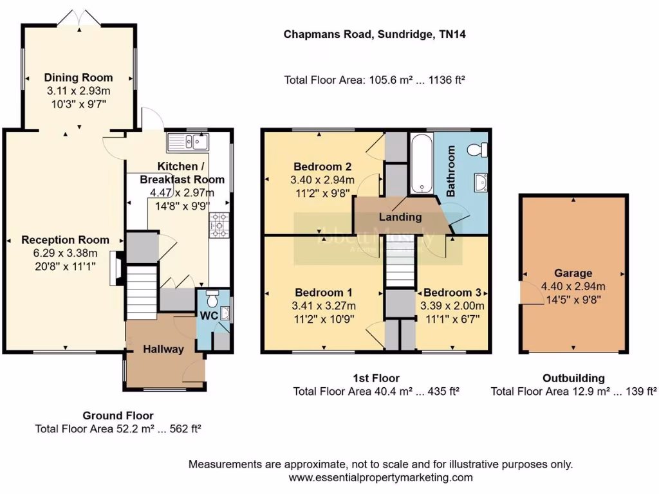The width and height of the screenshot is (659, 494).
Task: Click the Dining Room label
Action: pyautogui.click(x=79, y=78)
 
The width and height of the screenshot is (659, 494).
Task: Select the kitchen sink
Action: pyautogui.click(x=188, y=141)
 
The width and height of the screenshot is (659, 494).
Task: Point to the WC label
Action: pyautogui.click(x=208, y=316)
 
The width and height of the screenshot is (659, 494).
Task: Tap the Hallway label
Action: pyautogui.click(x=163, y=349)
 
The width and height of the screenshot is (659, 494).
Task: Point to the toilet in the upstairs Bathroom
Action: pyautogui.click(x=477, y=150)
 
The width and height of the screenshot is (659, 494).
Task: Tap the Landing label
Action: pyautogui.click(x=400, y=217)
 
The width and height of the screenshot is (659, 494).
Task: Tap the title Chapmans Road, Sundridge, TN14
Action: pyautogui.click(x=375, y=35)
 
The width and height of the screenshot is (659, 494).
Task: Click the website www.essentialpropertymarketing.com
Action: pyautogui.click(x=380, y=477)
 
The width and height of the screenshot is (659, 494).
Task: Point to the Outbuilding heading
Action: pyautogui.click(x=573, y=378)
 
